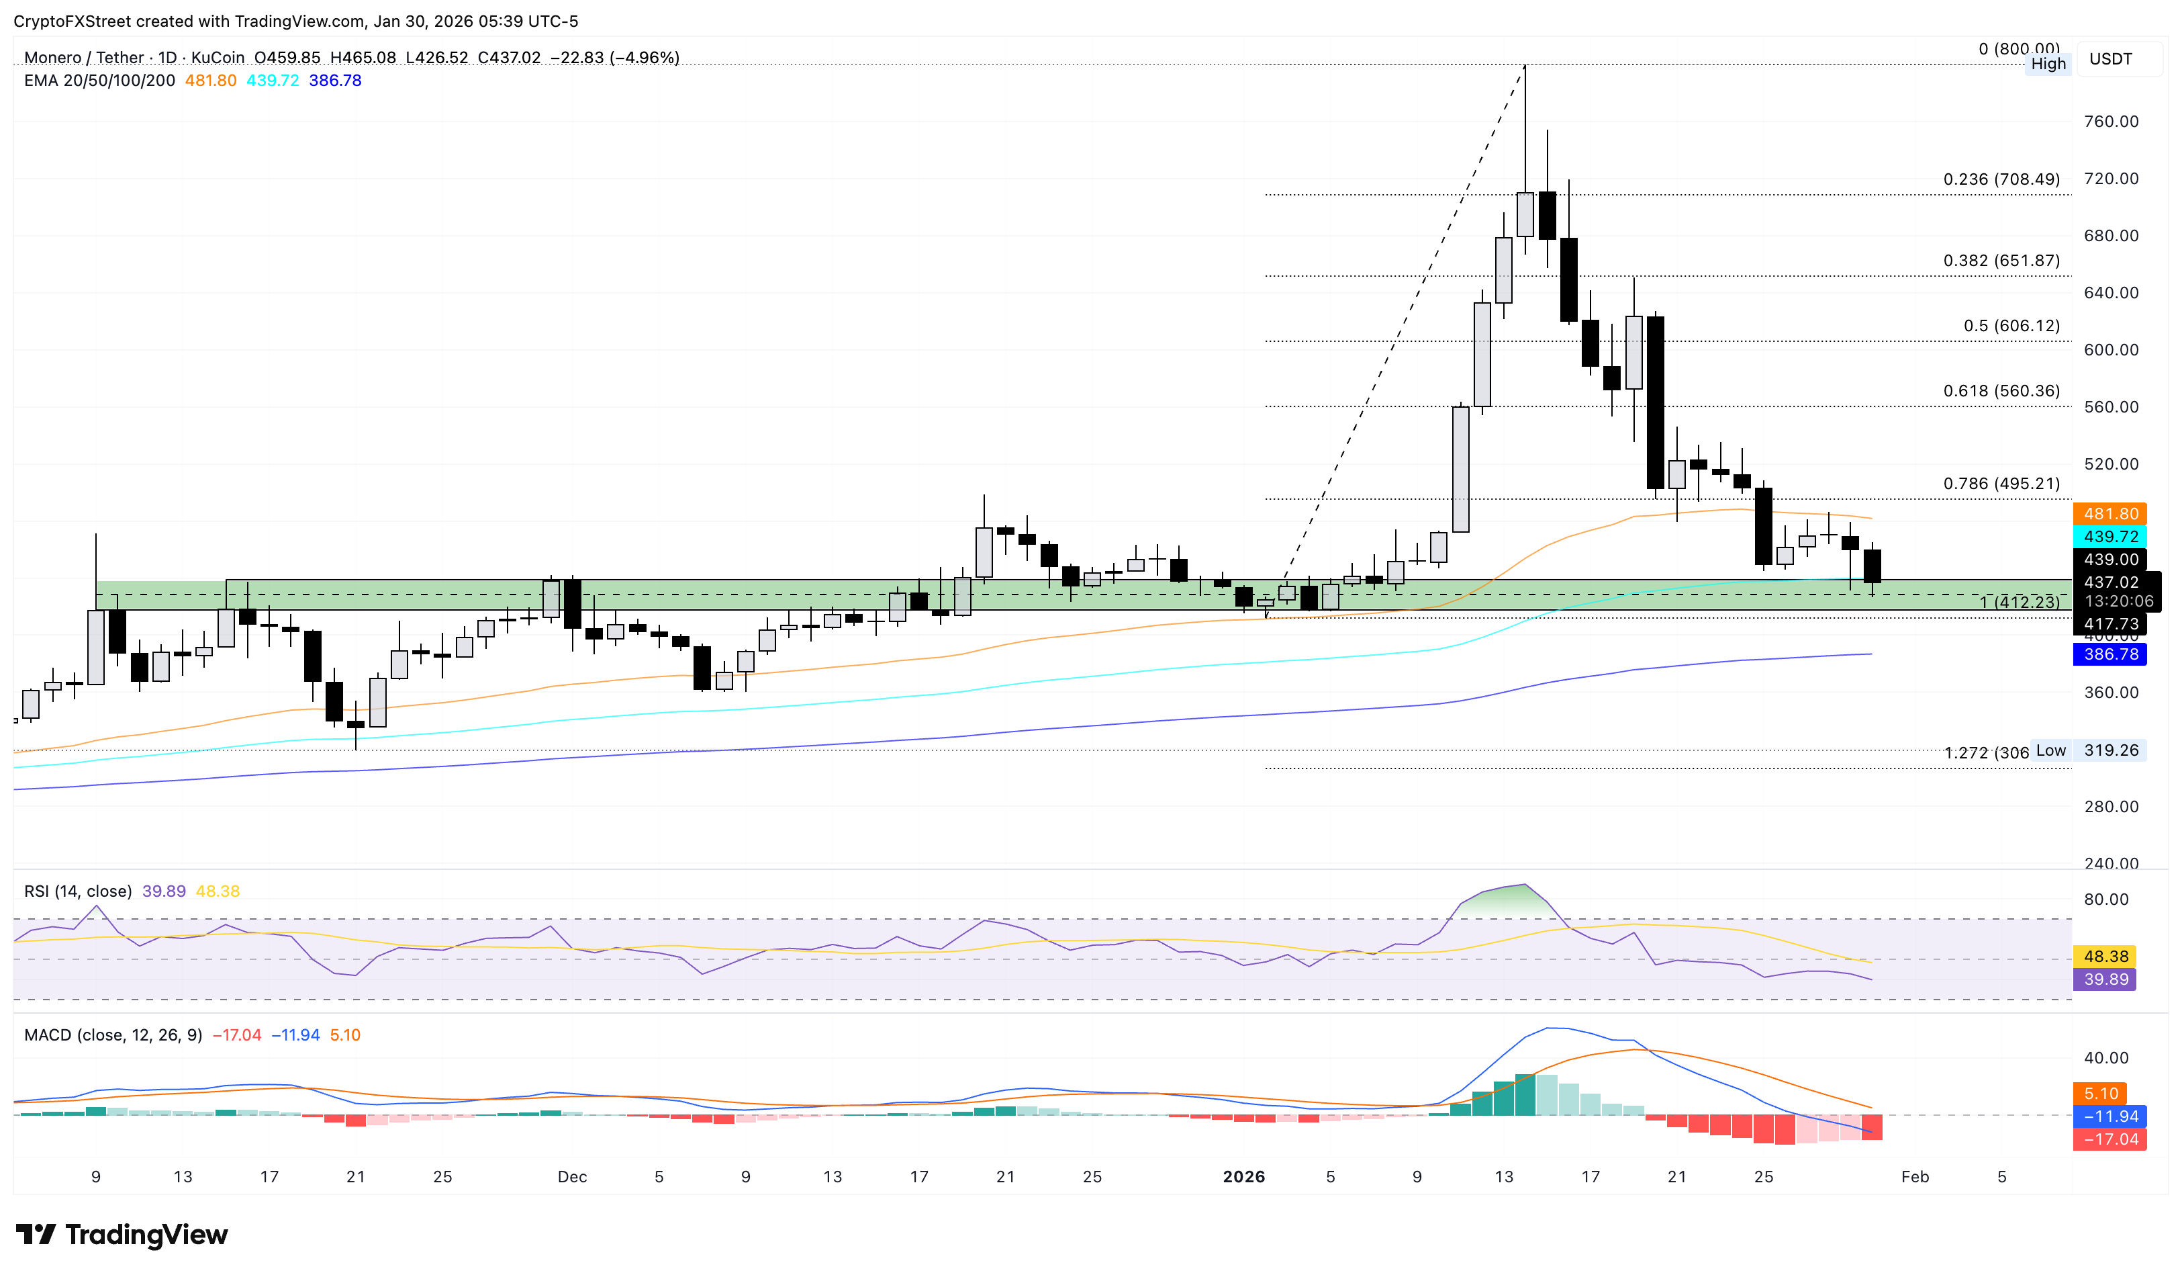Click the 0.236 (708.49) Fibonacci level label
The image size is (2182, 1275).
2001,179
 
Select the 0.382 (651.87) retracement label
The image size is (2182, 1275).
2001,261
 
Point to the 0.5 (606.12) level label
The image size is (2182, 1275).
2011,326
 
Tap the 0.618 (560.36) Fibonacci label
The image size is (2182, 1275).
2001,391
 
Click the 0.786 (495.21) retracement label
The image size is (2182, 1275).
2001,483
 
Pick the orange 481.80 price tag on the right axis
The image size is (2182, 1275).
2110,514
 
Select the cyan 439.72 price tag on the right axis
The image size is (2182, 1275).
2110,537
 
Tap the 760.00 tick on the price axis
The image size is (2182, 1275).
2110,122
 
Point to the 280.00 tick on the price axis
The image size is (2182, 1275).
2110,806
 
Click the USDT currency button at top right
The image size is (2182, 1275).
2110,59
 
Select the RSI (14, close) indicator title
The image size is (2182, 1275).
78,891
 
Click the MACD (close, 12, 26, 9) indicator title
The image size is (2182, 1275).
113,1035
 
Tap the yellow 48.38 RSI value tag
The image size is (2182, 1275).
2105,957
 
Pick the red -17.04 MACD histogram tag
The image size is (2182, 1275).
2110,1139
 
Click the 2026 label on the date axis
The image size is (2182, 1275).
1243,1176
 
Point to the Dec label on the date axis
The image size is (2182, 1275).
572,1176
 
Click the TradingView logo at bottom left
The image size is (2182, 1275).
122,1234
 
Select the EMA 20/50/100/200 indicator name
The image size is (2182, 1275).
99,81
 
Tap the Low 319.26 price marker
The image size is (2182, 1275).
2093,750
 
